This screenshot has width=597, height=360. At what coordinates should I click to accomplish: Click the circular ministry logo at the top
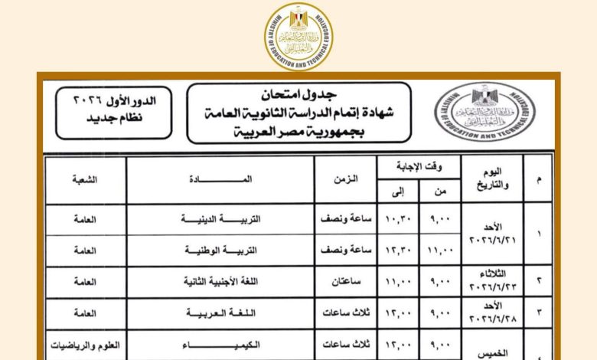point(298,35)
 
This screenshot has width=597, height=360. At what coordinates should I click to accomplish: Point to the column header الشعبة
point(85,179)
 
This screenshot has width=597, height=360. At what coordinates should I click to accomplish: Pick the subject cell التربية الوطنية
point(222,250)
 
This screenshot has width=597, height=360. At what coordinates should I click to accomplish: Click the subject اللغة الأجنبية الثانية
point(221,281)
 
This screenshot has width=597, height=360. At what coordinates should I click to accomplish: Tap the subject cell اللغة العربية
point(221,313)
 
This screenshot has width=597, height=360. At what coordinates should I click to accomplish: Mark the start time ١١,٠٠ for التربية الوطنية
point(441,250)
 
